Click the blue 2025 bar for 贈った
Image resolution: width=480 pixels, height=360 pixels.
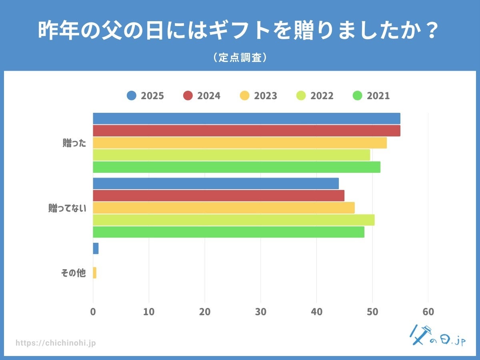pos(246,118)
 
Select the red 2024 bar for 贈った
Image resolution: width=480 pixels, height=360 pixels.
pos(246,131)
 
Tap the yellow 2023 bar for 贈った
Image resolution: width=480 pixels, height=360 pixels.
pos(240,143)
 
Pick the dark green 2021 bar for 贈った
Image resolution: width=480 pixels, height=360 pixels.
pos(236,167)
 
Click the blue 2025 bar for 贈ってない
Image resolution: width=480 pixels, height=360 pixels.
pos(216,184)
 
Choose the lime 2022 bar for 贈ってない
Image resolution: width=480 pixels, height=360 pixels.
pos(234,220)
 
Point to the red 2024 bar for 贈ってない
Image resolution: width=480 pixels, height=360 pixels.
pos(218,196)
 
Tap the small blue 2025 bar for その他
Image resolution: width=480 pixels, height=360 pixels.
pos(96,248)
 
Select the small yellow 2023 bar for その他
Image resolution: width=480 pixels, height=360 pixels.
pos(95,273)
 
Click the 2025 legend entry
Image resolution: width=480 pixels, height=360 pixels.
pos(145,96)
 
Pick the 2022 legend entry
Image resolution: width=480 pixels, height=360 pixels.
pos(315,96)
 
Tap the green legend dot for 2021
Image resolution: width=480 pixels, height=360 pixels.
pos(358,96)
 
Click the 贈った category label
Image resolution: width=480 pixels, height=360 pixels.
pos(74,143)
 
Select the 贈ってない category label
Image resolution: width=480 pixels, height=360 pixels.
pos(67,208)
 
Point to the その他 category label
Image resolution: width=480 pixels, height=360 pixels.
pos(73,273)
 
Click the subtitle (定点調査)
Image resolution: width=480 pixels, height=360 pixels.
pos(240,58)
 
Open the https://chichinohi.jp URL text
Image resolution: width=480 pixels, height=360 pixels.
pos(56,343)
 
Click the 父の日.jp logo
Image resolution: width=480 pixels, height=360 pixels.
pos(437,336)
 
